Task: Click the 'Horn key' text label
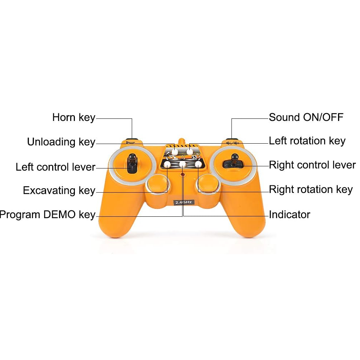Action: pyautogui.click(x=73, y=117)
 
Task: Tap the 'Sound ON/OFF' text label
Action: pyautogui.click(x=306, y=117)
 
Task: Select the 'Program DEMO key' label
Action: pyautogui.click(x=48, y=215)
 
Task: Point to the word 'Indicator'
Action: pyautogui.click(x=289, y=215)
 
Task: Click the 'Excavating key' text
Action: pyautogui.click(x=59, y=190)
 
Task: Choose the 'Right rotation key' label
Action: pyautogui.click(x=311, y=189)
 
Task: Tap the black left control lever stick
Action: pyautogui.click(x=132, y=164)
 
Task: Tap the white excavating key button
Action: pyautogui.click(x=167, y=165)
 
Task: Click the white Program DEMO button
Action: pyautogui.click(x=183, y=165)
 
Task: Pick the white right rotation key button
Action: pyautogui.click(x=198, y=165)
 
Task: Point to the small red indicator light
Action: pyautogui.click(x=183, y=175)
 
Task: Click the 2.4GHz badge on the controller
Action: pyautogui.click(x=184, y=202)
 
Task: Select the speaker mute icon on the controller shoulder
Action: pyautogui.click(x=231, y=143)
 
